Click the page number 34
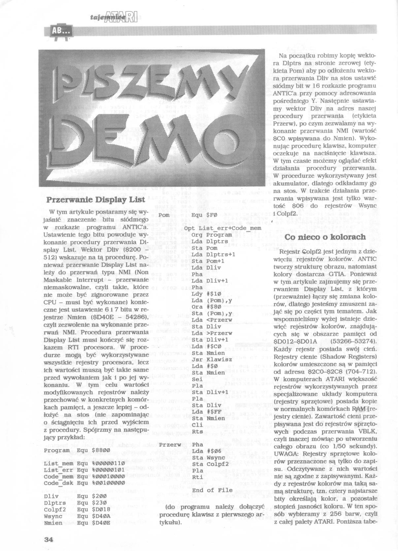(x=49, y=539)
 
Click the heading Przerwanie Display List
(x=96, y=200)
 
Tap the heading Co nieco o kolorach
(x=325, y=237)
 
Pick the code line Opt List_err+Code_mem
(x=223, y=228)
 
